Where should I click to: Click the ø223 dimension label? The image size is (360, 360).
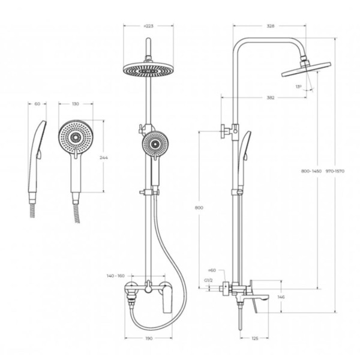[x=148, y=26]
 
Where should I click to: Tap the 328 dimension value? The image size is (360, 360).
[x=271, y=26]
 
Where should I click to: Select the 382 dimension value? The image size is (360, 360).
[x=271, y=98]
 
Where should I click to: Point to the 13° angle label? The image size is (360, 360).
[x=298, y=86]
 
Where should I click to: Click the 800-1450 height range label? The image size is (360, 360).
[x=311, y=171]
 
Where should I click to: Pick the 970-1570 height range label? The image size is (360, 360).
[x=335, y=171]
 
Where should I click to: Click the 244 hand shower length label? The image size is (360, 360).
[x=104, y=157]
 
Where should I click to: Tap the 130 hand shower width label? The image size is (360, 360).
[x=76, y=104]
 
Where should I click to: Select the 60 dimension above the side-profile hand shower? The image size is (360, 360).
[x=37, y=104]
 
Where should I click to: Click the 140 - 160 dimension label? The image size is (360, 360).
[x=115, y=275]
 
